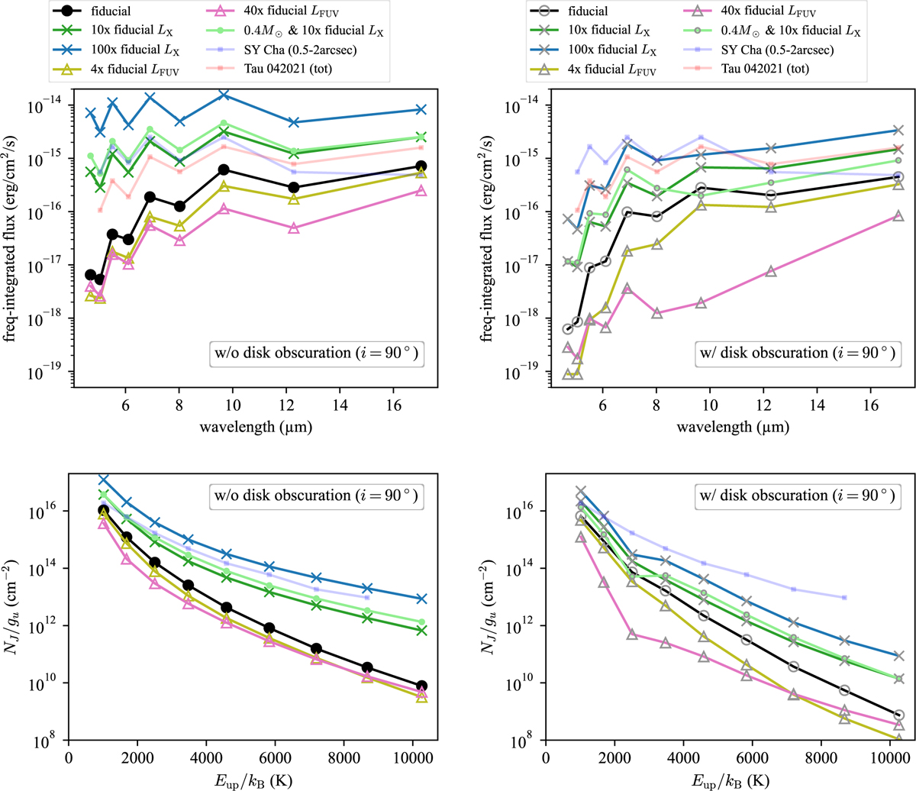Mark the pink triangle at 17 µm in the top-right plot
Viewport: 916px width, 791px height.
tap(898, 217)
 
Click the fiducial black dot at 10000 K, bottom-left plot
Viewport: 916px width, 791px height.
tap(422, 686)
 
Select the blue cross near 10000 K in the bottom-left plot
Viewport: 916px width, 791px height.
tap(422, 599)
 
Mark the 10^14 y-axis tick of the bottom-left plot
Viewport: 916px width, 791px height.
tap(45, 569)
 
